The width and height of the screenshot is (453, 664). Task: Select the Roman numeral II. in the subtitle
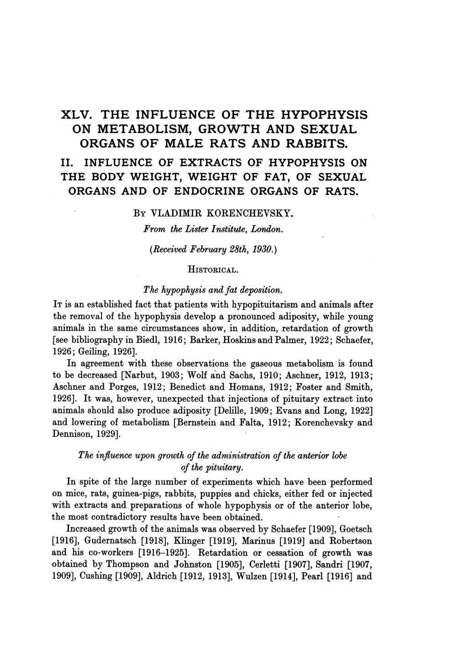pos(68,163)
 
